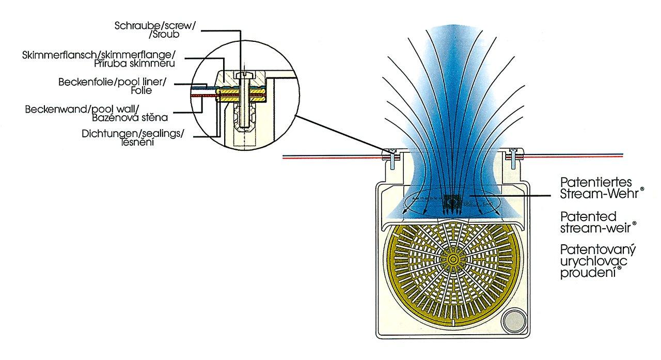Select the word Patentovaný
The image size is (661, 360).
598,251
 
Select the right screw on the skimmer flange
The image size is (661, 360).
513,153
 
